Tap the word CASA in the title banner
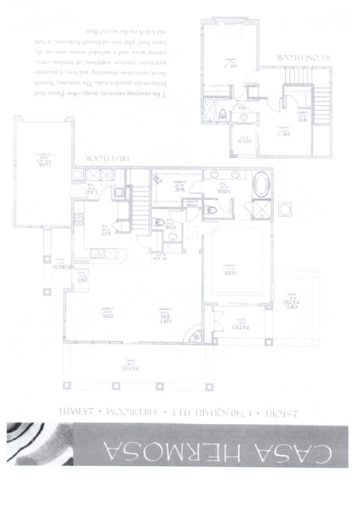click(303, 461)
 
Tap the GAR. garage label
click(37, 161)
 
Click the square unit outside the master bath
click(285, 210)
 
